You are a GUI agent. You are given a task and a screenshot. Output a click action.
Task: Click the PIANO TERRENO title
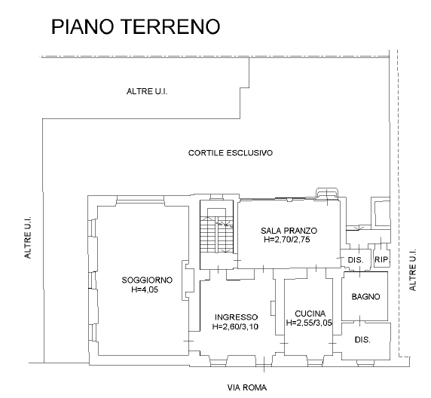136,26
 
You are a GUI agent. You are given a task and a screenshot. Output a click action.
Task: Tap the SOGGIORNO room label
147,280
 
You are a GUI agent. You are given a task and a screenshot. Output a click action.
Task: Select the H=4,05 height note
145,289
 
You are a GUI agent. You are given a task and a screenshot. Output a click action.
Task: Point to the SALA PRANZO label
289,231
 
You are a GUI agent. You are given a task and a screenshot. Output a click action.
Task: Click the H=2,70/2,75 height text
287,240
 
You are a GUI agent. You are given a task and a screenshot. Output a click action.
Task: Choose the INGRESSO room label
237,317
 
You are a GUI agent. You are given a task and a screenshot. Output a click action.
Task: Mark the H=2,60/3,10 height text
235,326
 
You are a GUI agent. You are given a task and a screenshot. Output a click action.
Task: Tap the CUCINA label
310,314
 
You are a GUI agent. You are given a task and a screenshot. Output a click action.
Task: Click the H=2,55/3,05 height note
309,323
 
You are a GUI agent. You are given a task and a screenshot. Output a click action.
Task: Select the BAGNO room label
365,296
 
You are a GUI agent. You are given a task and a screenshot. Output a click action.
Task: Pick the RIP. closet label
382,259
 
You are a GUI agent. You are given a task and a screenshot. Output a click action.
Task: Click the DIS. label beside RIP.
356,260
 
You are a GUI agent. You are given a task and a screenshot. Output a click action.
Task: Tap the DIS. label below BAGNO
362,340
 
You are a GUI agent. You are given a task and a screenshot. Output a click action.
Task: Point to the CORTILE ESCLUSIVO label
231,153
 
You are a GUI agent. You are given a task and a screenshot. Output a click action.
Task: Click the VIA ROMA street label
247,387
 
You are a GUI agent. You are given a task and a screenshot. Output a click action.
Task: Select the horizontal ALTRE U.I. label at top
147,91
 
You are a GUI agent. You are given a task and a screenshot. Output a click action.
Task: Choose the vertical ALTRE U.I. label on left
28,237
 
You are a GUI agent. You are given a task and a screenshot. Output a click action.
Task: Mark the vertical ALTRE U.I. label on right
413,270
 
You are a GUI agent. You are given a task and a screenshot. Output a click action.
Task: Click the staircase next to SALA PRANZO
216,234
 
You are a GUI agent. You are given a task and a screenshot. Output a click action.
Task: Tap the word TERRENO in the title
170,26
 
